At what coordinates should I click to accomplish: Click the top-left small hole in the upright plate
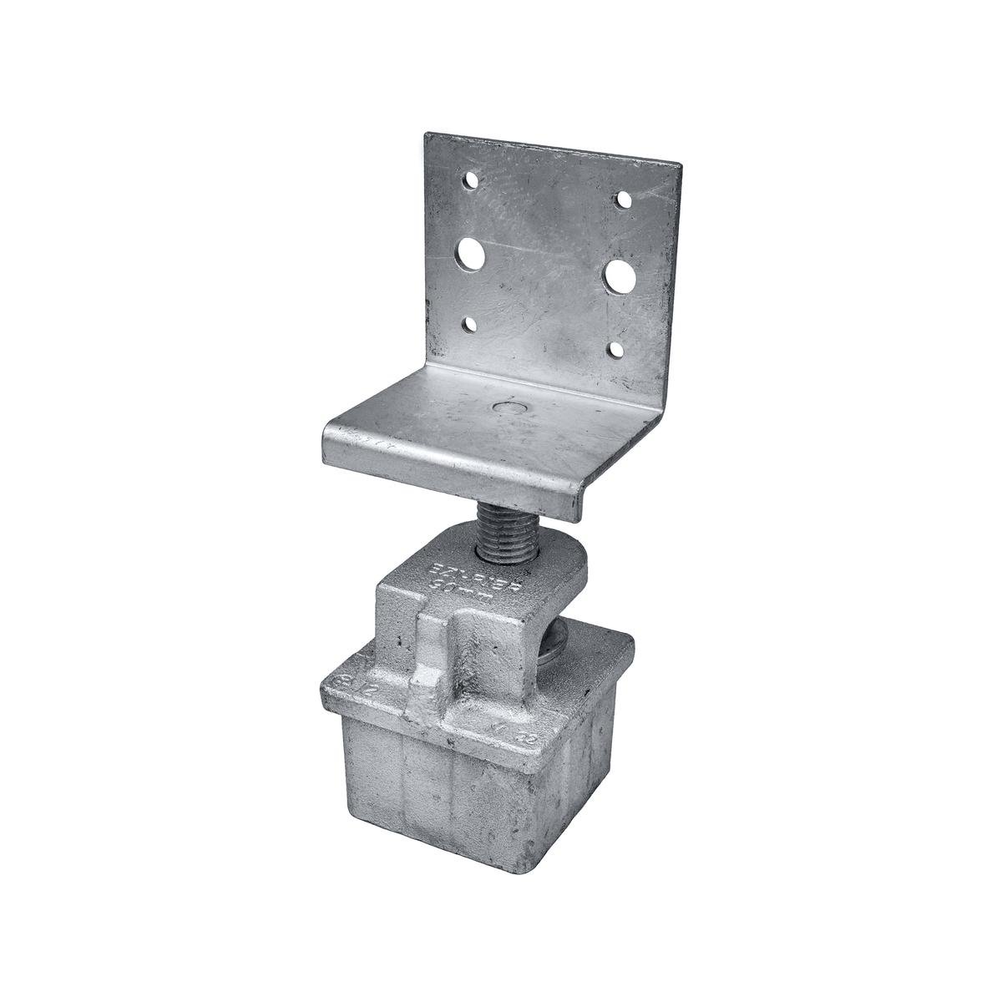(x=473, y=180)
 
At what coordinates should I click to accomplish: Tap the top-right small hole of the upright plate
(x=623, y=200)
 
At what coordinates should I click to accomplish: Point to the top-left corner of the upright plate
(x=428, y=134)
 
